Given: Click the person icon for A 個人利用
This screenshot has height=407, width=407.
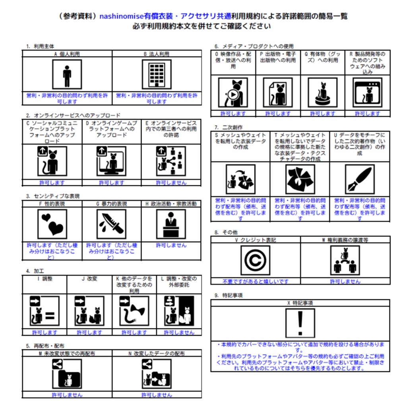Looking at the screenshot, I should click(67, 74).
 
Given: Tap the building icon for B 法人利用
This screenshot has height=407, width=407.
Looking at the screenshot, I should click(157, 74).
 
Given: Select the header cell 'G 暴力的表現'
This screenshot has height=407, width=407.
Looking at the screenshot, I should click(112, 204).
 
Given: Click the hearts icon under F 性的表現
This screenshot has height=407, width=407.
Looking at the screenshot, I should click(52, 224).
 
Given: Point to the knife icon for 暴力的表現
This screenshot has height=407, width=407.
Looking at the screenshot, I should click(112, 224).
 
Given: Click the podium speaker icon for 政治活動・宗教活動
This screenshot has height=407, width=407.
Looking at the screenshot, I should click(171, 224).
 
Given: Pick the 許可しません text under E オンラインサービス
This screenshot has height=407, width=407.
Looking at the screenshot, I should click(171, 183).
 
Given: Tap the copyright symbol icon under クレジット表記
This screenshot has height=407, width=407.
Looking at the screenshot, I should click(255, 260).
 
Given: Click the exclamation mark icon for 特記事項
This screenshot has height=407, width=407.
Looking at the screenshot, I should click(300, 323).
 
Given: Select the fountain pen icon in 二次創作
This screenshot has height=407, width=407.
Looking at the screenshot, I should click(359, 179).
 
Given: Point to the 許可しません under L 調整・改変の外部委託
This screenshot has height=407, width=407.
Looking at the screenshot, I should click(179, 332).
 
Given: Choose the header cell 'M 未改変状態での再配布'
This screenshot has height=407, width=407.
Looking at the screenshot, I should click(67, 353).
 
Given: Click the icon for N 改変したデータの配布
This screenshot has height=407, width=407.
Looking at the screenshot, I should click(157, 374).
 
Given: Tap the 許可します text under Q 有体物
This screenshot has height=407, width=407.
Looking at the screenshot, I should click(322, 114).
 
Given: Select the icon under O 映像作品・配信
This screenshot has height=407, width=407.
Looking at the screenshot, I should click(233, 92).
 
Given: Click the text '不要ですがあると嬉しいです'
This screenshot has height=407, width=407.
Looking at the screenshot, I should click(255, 281).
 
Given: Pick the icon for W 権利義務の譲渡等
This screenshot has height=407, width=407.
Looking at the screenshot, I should click(345, 260).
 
